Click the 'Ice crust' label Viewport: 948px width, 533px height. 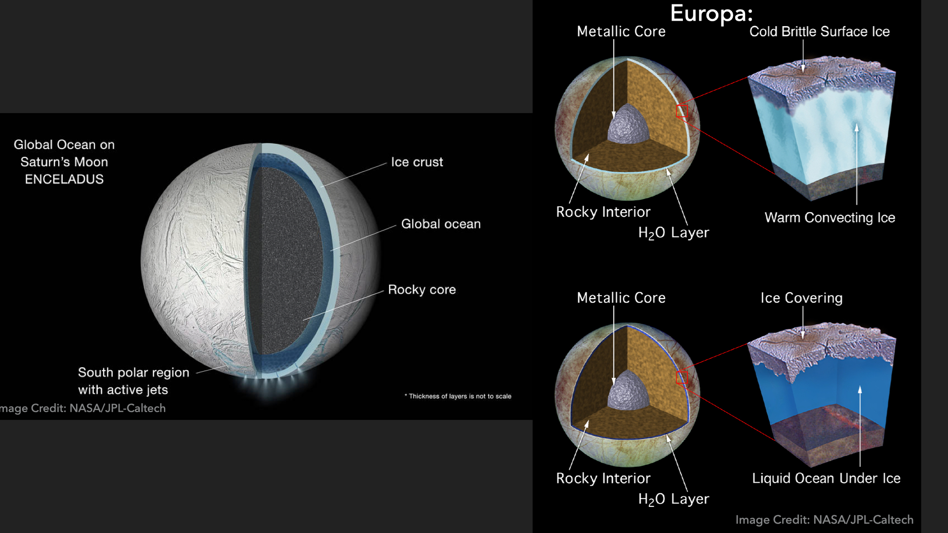click(417, 162)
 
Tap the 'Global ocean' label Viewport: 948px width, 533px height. click(440, 224)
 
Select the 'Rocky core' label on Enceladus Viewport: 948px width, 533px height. click(422, 290)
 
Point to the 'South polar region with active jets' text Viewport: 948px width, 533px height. click(133, 381)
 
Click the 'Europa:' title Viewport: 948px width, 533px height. click(711, 13)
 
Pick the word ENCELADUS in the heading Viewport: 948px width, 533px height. click(64, 179)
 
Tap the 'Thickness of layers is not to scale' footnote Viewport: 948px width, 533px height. click(458, 396)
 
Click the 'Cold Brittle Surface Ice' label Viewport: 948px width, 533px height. click(819, 32)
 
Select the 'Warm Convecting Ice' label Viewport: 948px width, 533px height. click(829, 218)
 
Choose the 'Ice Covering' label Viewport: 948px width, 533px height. click(801, 298)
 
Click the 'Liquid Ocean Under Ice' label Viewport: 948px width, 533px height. click(826, 478)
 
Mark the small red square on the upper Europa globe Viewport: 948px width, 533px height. click(682, 111)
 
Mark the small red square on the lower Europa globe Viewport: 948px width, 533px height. click(682, 378)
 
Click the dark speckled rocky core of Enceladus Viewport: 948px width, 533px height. click(289, 262)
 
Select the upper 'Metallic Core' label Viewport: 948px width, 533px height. click(621, 32)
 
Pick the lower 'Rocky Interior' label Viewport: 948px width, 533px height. click(603, 478)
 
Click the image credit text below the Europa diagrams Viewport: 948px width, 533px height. click(824, 520)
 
